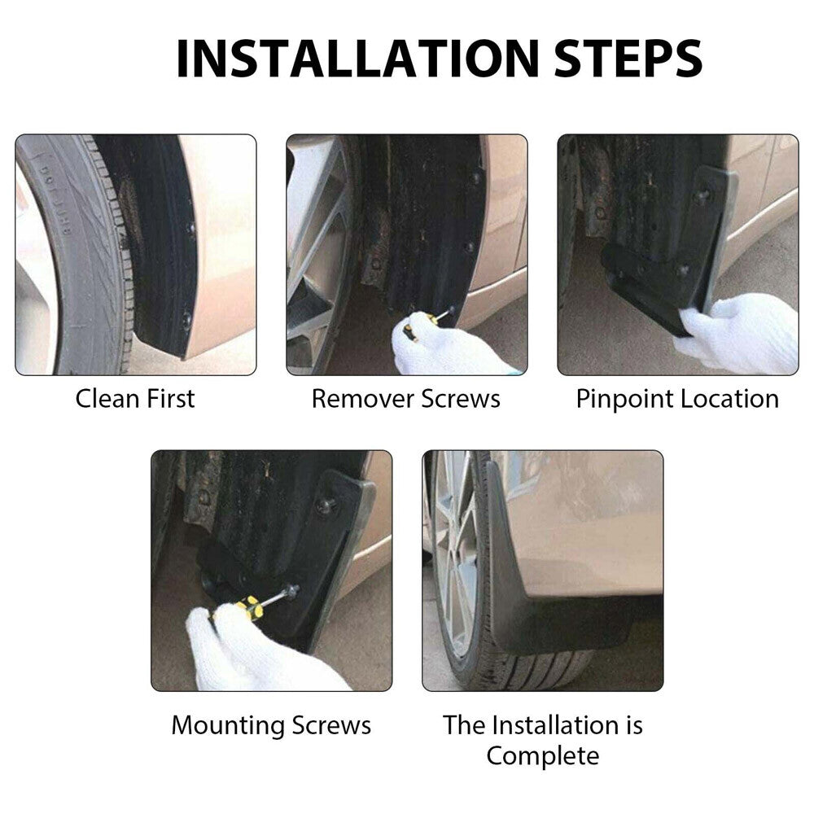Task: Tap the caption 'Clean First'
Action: [x=135, y=399]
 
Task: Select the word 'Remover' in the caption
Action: [x=363, y=399]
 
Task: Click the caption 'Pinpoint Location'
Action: [x=677, y=399]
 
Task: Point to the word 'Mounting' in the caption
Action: [x=227, y=724]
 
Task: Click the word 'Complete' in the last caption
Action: [x=542, y=755]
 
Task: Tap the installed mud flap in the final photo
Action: [x=529, y=586]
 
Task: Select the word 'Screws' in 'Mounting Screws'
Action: [x=334, y=724]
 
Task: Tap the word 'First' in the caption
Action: [x=171, y=399]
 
